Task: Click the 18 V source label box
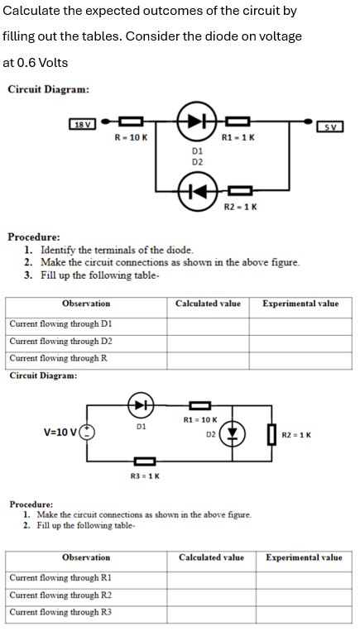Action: pos(84,125)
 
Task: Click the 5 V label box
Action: pos(330,126)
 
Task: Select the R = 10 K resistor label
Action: pos(130,136)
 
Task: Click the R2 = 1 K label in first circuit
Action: pos(241,206)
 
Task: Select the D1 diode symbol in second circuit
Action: pos(141,405)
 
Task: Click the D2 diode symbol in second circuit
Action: pos(233,433)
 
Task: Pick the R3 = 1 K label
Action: pos(146,476)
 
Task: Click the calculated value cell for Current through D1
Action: pos(208,324)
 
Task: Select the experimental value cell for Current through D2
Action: pos(300,341)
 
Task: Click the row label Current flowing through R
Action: pos(59,358)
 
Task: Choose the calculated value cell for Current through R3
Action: pos(211,612)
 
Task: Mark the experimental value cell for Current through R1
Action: pos(303,578)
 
